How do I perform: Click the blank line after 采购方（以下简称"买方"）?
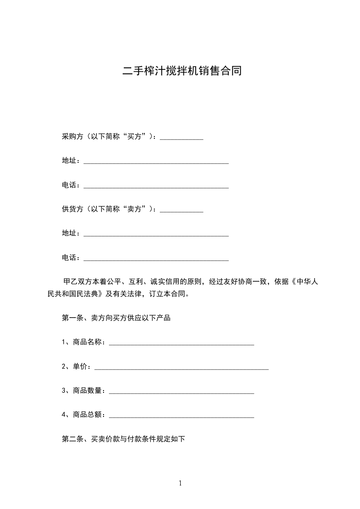coord(182,137)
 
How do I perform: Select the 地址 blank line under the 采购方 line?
coord(156,162)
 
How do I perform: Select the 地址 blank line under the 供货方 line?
coord(156,234)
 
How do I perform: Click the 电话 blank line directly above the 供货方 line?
coord(156,186)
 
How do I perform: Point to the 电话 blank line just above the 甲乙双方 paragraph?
coord(156,259)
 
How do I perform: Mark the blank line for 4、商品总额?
coord(182,416)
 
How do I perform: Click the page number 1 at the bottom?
coord(180,483)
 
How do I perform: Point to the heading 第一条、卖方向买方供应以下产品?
coord(116,318)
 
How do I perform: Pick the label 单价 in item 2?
coord(78,367)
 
